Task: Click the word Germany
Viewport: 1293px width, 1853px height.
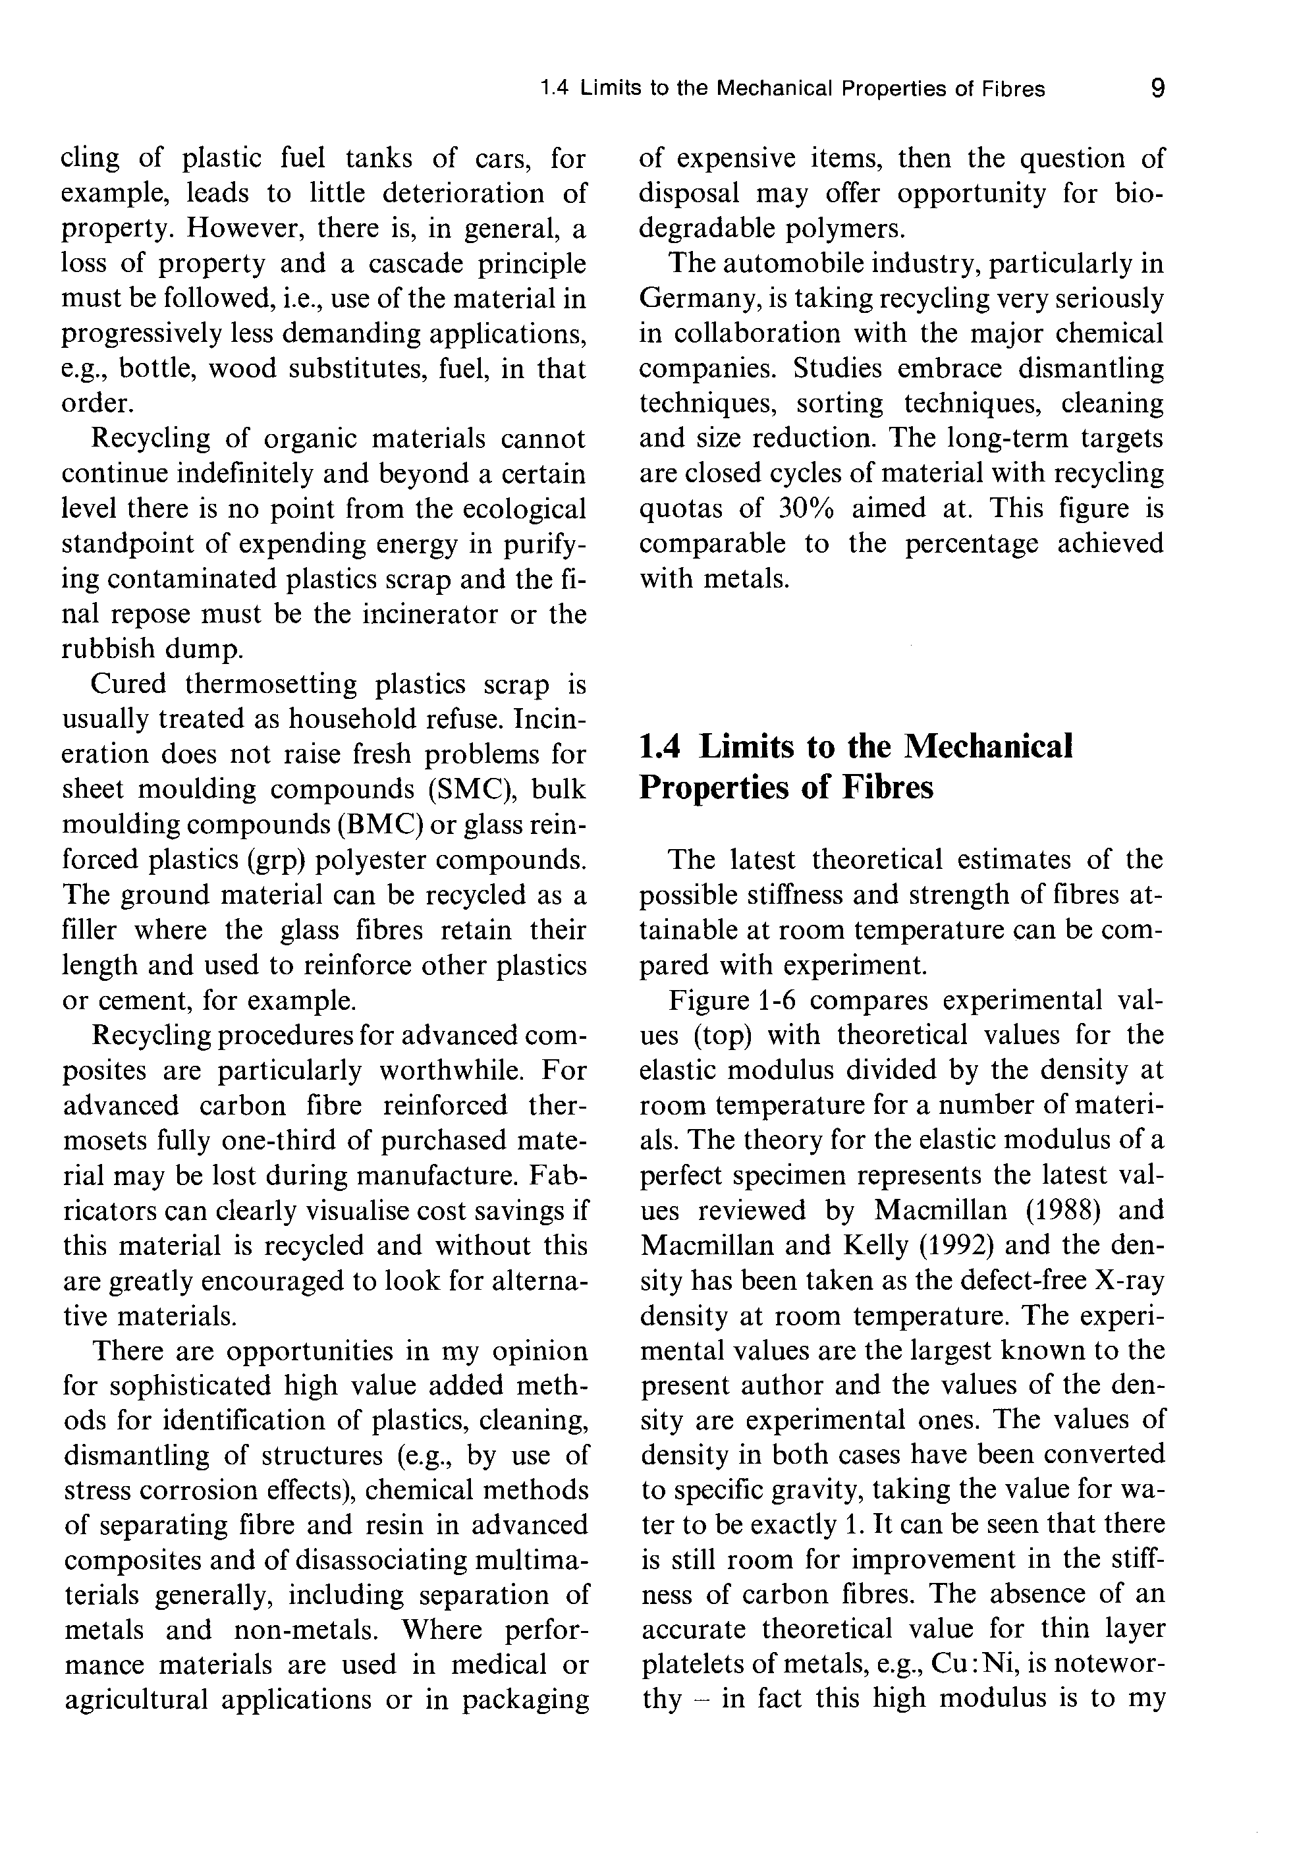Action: pyautogui.click(x=696, y=298)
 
